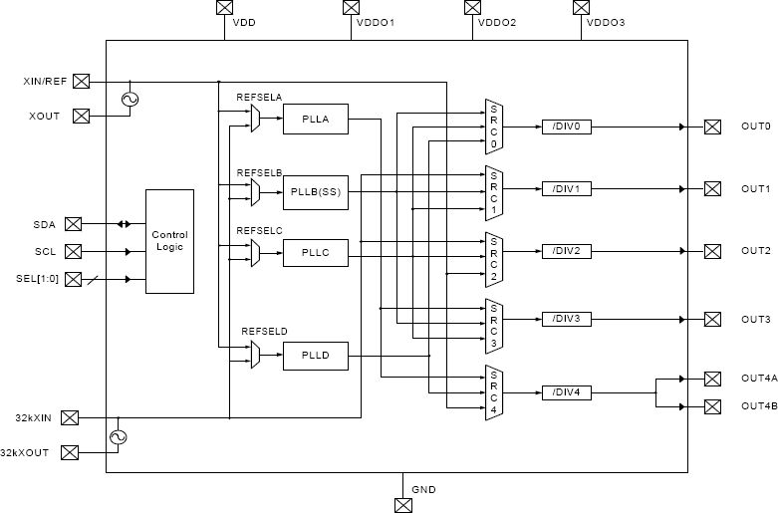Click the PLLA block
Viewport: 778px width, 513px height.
[x=315, y=121]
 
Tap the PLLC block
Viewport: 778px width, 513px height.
[x=315, y=254]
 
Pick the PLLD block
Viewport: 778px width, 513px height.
[x=315, y=355]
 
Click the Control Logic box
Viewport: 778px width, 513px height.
[x=169, y=241]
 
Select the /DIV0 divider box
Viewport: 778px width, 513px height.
[x=567, y=127]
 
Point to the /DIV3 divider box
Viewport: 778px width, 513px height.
[x=567, y=319]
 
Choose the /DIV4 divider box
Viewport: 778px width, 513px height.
[x=567, y=392]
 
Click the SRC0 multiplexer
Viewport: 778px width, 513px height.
[x=492, y=127]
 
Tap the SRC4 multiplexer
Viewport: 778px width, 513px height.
[x=492, y=392]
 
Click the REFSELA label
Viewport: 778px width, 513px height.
[x=260, y=97]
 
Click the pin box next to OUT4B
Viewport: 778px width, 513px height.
[x=712, y=406]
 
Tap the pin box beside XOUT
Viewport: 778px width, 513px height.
[x=82, y=116]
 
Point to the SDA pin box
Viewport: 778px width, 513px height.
[x=73, y=224]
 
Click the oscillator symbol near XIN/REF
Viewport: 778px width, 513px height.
[x=129, y=99]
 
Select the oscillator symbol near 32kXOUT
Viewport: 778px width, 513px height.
[x=118, y=436]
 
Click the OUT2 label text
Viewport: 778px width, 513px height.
[x=755, y=251]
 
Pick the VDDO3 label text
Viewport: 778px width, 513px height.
[x=606, y=22]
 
